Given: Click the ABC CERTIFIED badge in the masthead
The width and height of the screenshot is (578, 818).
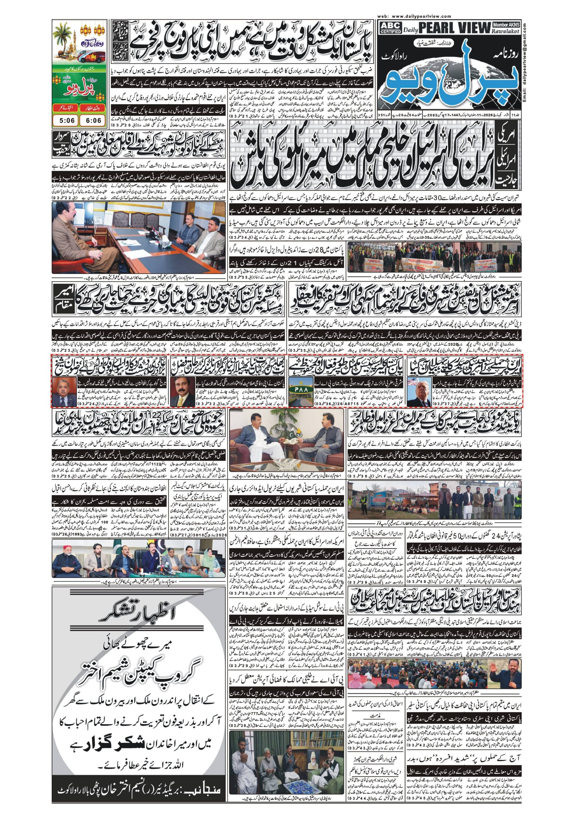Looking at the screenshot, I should [x=390, y=27].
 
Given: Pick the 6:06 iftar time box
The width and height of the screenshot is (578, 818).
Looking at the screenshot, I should [x=93, y=120].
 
